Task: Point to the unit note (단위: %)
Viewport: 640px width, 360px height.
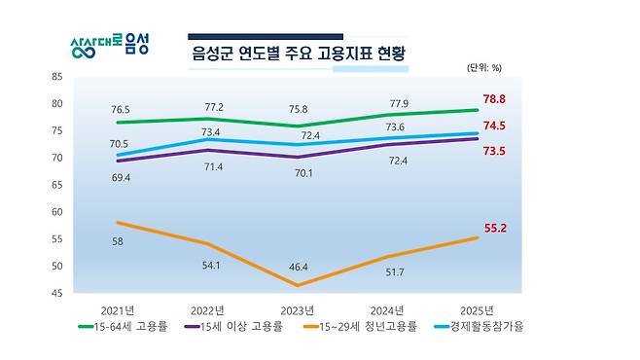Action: pos(483,68)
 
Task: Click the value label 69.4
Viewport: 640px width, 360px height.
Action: pos(124,179)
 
